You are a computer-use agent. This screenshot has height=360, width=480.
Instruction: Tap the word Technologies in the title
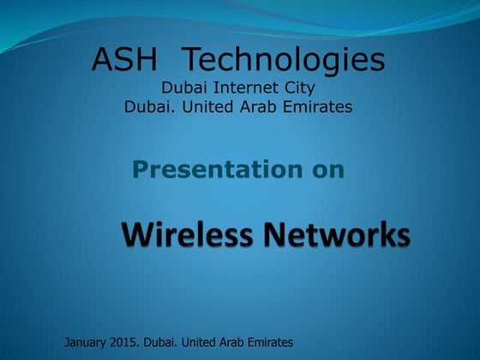(x=285, y=61)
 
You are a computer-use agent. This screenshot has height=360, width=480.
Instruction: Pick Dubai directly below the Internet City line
(x=147, y=106)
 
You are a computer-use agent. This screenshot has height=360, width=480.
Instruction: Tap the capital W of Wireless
(x=137, y=233)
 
